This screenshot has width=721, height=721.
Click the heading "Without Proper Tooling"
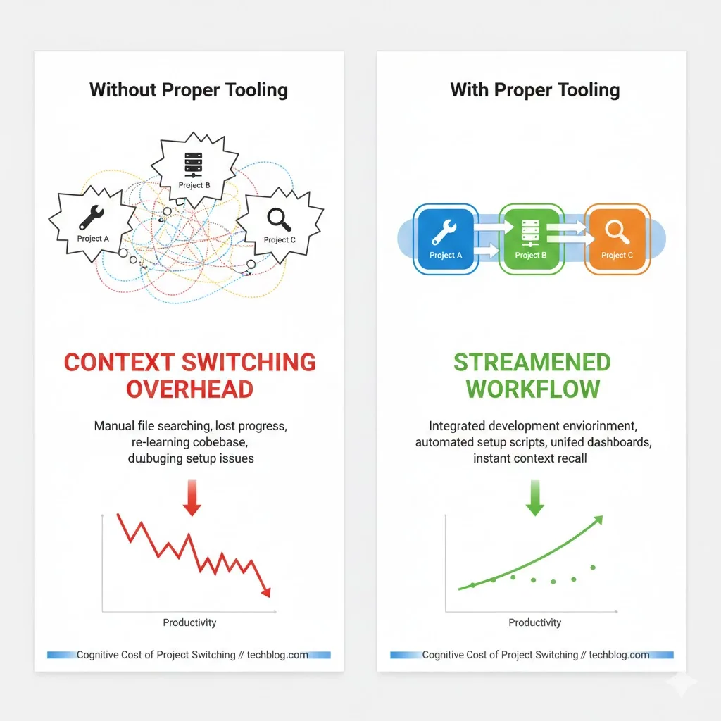(x=189, y=90)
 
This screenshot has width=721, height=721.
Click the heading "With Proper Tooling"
(x=535, y=90)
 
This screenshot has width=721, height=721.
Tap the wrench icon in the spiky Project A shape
(x=93, y=217)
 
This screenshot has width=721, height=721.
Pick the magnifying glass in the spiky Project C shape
(x=280, y=218)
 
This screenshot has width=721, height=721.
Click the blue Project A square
(x=446, y=239)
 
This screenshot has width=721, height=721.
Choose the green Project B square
(x=531, y=239)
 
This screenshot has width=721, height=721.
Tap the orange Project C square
(x=616, y=239)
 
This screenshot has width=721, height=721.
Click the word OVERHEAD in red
(x=189, y=389)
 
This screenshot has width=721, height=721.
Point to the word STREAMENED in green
(x=532, y=363)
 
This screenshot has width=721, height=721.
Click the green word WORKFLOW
(x=533, y=389)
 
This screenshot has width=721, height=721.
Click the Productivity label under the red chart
(x=189, y=622)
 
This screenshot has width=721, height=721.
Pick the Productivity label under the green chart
(x=535, y=622)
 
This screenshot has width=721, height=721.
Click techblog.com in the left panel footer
(x=277, y=655)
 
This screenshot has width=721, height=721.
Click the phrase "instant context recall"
(x=530, y=458)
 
